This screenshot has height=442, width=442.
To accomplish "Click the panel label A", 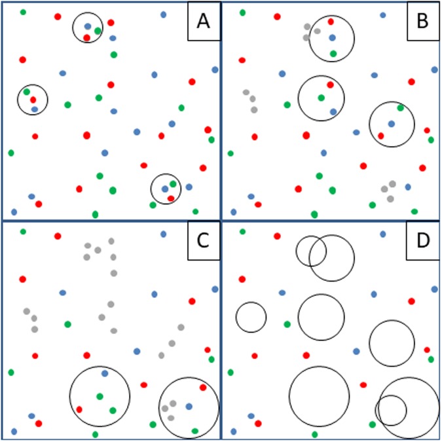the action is click(203, 24).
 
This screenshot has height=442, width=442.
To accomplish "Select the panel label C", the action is click(203, 242).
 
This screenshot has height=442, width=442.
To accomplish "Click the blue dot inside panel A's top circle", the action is click(88, 27).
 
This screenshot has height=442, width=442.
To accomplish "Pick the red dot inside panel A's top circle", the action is click(87, 37).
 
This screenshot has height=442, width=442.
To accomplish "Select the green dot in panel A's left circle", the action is click(27, 92).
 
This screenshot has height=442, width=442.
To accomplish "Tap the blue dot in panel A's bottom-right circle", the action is click(165, 189).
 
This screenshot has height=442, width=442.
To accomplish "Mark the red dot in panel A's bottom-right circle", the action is click(171, 198).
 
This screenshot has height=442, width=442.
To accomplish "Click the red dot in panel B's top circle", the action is click(331, 22).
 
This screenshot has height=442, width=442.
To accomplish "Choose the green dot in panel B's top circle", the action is click(333, 54).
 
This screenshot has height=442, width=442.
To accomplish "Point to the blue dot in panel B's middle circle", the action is click(333, 112).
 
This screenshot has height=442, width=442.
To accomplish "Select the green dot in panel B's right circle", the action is click(401, 108).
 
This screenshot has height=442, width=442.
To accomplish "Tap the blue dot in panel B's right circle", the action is click(391, 124).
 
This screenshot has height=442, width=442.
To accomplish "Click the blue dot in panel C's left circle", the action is click(105, 373).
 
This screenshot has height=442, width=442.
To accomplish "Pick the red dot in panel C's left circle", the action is click(79, 409).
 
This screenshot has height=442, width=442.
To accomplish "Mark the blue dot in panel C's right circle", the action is click(189, 407).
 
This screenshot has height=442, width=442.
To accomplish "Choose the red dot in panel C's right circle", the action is click(203, 387).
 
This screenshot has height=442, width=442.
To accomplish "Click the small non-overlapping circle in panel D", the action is click(251, 318).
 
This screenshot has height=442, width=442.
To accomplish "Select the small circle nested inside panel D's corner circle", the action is click(391, 410).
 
